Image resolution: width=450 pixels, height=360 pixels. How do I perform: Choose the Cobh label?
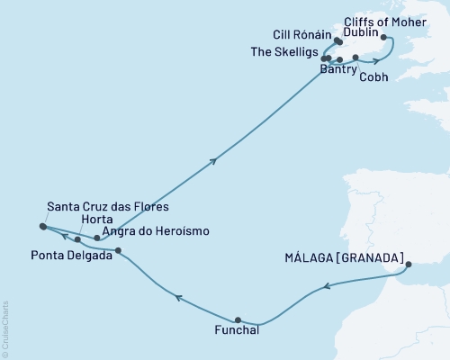pyautogui.click(x=373, y=76)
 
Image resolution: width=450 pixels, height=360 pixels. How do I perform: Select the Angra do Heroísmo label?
pyautogui.click(x=157, y=231)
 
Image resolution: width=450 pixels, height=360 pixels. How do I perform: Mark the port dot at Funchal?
pyautogui.click(x=238, y=319)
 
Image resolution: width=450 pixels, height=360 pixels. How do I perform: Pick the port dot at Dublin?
pyautogui.click(x=384, y=38)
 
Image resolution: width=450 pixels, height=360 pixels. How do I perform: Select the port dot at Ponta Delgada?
pyautogui.click(x=118, y=250)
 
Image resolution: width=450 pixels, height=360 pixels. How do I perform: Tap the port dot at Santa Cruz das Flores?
pyautogui.click(x=42, y=227)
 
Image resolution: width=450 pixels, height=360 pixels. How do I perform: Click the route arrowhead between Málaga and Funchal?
pyautogui.click(x=328, y=287)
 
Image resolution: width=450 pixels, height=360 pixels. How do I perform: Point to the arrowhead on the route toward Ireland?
pyautogui.click(x=213, y=161)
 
